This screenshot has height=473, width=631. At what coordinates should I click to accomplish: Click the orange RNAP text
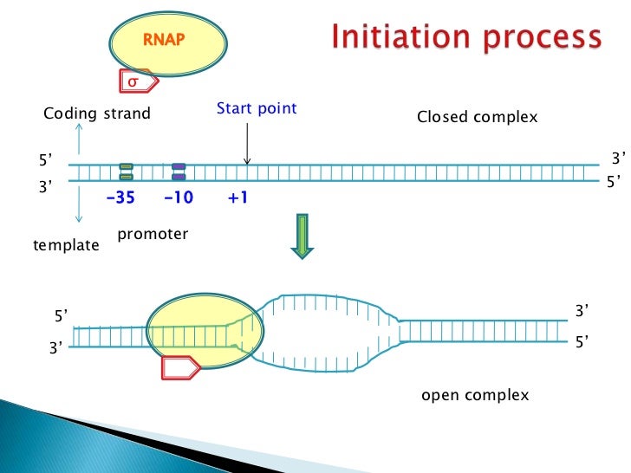point(164,40)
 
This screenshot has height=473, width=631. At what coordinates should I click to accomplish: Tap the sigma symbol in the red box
point(133,81)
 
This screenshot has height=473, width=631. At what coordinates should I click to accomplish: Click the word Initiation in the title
point(400,36)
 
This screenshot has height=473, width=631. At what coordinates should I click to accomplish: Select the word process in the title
point(542,40)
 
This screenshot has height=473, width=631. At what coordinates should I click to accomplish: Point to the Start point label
point(257,107)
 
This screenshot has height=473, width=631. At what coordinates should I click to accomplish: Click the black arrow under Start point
point(247,144)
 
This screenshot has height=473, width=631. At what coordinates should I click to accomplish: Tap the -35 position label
point(120,198)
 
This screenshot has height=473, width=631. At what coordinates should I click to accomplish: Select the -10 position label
point(179,198)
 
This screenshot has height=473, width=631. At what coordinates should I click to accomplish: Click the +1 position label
point(237,198)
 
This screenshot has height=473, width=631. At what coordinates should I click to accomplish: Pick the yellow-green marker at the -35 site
point(126,172)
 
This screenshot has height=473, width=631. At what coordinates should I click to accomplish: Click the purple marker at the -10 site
point(179,172)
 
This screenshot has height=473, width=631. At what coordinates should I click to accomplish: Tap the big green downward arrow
point(302,236)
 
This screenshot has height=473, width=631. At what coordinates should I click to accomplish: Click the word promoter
point(153,234)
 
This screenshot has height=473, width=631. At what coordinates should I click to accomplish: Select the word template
point(66,245)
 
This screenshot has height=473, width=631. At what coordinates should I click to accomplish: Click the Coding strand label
point(97,113)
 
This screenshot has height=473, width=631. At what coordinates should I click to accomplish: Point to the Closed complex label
point(478,117)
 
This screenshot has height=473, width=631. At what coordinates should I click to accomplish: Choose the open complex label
point(475,395)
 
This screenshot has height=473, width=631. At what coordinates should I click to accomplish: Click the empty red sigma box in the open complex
point(180,367)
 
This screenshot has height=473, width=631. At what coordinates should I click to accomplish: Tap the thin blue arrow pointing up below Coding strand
point(79,139)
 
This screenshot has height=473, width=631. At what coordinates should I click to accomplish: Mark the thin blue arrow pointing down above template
point(79,204)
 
